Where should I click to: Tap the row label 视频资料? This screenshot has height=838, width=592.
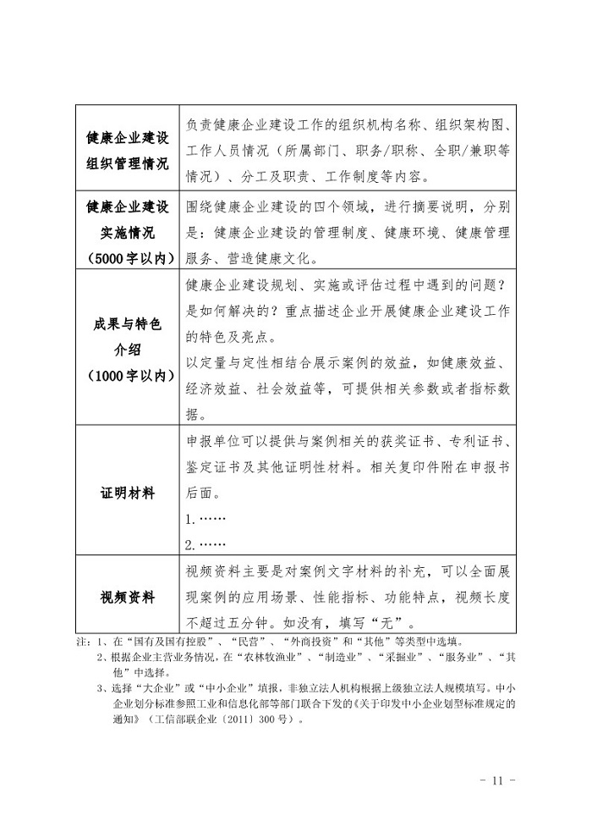click(x=127, y=597)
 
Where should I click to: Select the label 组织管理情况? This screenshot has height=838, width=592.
click(x=127, y=162)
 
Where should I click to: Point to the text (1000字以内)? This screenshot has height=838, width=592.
click(x=127, y=376)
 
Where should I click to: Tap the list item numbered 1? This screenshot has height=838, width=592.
click(x=206, y=518)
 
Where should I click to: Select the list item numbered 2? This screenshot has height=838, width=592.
click(x=206, y=543)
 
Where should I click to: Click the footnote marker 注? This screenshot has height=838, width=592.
click(x=82, y=641)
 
